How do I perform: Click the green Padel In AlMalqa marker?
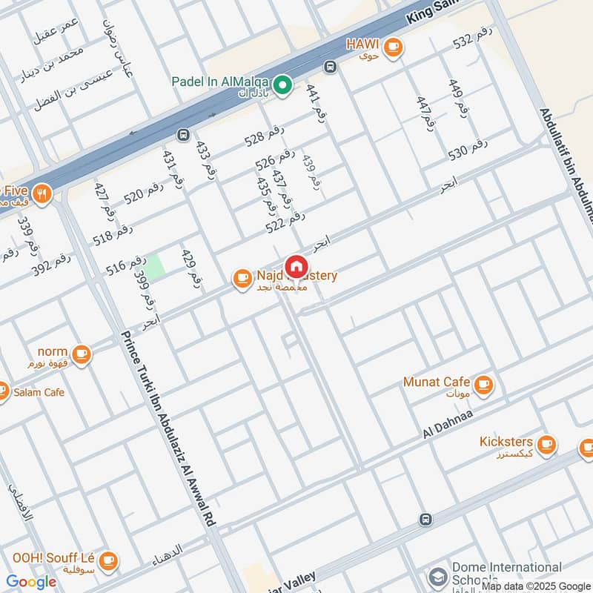(282, 87)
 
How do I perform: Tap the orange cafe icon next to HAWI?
(393, 46)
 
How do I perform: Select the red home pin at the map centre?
(296, 266)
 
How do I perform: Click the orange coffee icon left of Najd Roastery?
(242, 278)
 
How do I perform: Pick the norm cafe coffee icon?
(82, 354)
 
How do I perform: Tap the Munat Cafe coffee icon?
(483, 384)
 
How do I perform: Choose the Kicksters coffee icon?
(546, 444)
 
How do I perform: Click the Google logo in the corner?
(31, 582)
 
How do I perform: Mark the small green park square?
(155, 268)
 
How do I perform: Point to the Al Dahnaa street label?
(448, 423)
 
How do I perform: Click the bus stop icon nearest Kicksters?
(425, 520)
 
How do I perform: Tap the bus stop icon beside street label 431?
(182, 136)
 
